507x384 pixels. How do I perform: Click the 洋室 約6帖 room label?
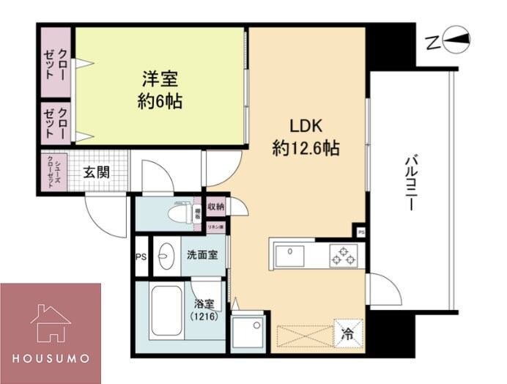tap(160, 89)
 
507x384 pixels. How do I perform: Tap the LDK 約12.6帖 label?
tap(306, 136)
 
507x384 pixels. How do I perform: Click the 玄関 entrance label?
tap(95, 173)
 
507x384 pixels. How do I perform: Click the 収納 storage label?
tap(215, 207)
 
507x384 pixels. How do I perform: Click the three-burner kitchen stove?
tap(344, 256)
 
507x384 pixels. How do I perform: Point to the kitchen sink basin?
tap(292, 255)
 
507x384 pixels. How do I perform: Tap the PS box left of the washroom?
tap(141, 256)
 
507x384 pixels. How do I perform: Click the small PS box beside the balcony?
tap(360, 232)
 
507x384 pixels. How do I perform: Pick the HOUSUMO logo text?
tap(51, 358)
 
